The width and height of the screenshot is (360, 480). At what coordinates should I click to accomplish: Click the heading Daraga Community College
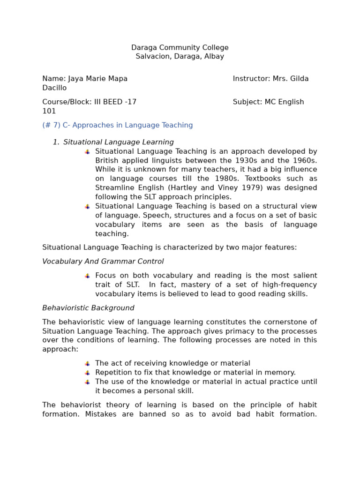coord(180,47)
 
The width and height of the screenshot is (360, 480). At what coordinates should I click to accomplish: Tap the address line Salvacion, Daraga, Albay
coord(180,56)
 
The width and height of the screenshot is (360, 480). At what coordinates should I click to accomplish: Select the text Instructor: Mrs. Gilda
coord(270,79)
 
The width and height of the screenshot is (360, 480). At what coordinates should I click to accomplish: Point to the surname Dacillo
coord(54,88)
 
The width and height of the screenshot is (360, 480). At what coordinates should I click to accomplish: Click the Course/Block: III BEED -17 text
coord(89,102)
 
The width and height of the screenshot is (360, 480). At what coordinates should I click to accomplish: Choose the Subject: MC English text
coord(268,102)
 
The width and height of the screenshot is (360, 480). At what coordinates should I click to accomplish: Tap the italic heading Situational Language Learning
coord(118,142)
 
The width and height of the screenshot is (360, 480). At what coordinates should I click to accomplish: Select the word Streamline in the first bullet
coord(114,188)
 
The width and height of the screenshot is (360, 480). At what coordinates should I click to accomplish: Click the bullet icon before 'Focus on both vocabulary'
coord(87,276)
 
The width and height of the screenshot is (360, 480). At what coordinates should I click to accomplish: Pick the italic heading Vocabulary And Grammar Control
coord(103,262)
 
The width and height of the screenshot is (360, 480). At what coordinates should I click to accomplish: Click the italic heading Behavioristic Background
coord(88,308)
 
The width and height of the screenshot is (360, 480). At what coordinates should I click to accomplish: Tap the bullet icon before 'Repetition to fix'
coord(87,373)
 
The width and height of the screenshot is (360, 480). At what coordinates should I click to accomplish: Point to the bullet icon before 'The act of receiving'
coord(87,364)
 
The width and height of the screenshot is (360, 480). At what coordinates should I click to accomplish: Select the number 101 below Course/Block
coord(49,111)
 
